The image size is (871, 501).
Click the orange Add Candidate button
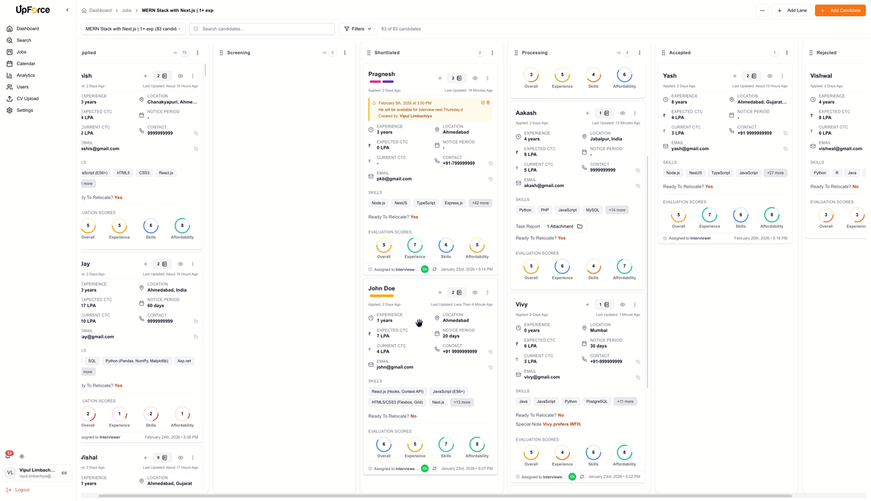[x=839, y=10]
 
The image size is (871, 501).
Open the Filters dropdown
[x=358, y=29]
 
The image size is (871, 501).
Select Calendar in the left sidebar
[x=26, y=63]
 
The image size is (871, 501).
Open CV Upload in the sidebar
[x=28, y=99]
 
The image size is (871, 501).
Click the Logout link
[x=22, y=489]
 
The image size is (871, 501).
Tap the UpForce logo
[x=33, y=10]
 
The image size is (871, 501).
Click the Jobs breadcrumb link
[x=127, y=10]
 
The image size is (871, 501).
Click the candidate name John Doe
[x=381, y=288]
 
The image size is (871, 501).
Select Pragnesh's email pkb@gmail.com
[x=395, y=178]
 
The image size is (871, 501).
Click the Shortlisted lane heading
[x=387, y=53]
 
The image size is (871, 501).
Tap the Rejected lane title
[x=826, y=53]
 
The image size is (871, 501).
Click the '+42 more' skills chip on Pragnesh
[x=480, y=203]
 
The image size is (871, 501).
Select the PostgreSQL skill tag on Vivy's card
[x=597, y=402]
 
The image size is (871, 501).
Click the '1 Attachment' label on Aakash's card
[x=560, y=226]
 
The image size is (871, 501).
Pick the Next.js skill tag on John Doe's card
[x=438, y=402]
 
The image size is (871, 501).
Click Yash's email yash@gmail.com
[x=690, y=148]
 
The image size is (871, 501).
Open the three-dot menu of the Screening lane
[x=344, y=53]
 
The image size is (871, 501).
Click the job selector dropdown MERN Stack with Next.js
[x=133, y=29]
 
